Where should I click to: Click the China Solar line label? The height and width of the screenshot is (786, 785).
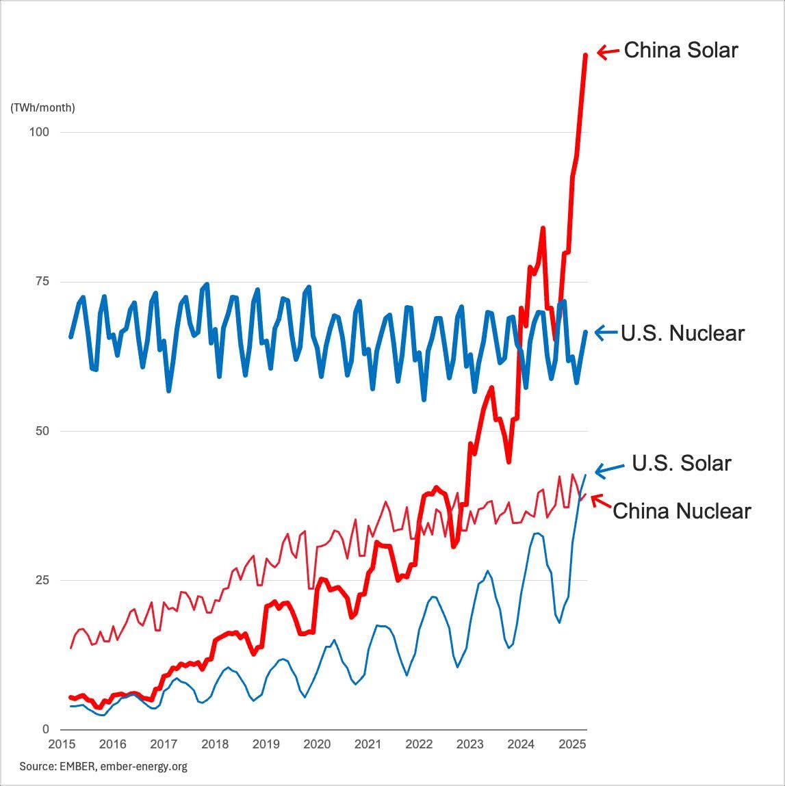tap(681, 51)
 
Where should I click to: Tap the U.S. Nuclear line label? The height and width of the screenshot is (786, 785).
tap(682, 333)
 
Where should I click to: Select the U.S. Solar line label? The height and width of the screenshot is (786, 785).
tap(682, 463)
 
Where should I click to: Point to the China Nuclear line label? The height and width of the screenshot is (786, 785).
tap(682, 511)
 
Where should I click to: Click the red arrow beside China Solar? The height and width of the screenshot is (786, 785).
tap(608, 51)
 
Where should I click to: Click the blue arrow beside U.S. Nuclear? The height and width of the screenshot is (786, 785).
tap(606, 332)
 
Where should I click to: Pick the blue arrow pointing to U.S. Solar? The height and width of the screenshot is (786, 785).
tap(609, 469)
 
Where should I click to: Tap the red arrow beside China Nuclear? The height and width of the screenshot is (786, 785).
tap(600, 501)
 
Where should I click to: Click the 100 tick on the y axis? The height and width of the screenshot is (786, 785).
tap(38, 132)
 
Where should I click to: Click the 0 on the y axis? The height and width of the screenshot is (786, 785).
tap(46, 729)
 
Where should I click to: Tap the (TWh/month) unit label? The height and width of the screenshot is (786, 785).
tap(42, 107)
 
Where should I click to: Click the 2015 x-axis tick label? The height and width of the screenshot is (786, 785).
tap(62, 744)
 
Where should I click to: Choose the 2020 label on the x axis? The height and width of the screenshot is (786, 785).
tap(317, 744)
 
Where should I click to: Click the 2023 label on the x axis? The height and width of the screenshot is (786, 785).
tap(470, 744)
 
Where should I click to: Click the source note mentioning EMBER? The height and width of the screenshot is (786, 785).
tap(103, 766)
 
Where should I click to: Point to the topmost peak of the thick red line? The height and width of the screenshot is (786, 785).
tap(586, 55)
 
